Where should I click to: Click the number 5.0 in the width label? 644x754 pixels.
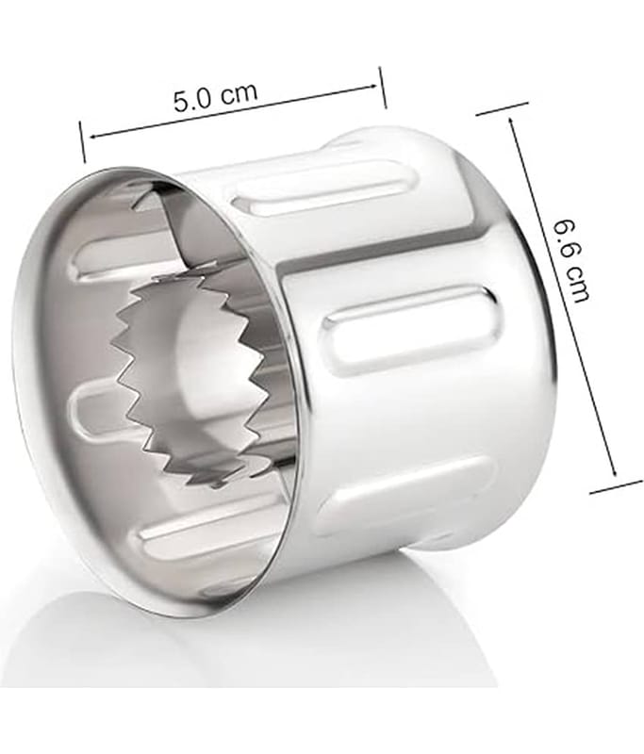tap(193, 101)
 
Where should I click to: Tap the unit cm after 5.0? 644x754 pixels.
tap(239, 92)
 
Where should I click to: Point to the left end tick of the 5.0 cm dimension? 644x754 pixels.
tap(83, 142)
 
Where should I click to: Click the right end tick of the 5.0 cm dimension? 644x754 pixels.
tap(383, 88)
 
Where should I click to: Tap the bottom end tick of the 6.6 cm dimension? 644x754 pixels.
tap(617, 485)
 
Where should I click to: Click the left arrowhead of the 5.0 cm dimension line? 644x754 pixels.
tap(92, 137)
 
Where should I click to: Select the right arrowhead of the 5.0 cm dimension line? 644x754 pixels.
tap(372, 87)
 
